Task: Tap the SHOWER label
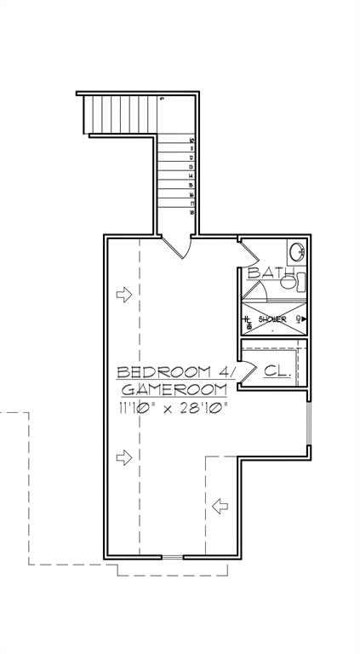point(272,319)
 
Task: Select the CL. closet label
point(277,371)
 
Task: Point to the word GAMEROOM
point(173,389)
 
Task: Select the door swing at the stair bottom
point(176,246)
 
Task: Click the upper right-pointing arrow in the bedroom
point(124,295)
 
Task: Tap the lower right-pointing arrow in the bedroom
point(124,457)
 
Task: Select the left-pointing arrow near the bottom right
point(220,507)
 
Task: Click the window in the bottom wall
point(172,558)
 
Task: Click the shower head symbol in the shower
point(301,319)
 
